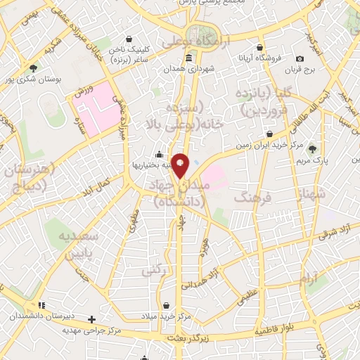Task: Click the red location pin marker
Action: [181, 165]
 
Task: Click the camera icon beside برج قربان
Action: [300, 59]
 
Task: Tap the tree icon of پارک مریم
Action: [312, 148]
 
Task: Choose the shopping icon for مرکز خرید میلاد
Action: [166, 306]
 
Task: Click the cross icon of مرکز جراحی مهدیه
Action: [91, 319]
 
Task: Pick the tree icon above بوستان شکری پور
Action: [33, 67]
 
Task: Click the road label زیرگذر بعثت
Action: [191, 338]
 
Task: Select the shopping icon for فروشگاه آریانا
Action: [261, 56]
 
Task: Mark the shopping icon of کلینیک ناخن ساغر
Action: [128, 40]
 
